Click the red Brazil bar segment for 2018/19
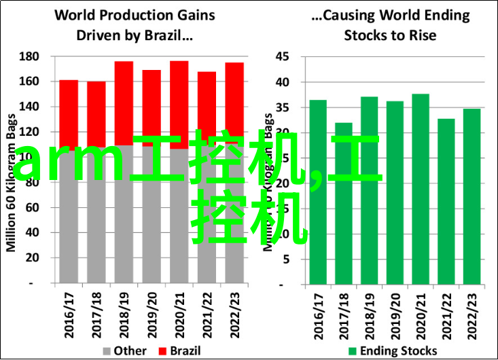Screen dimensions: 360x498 point(124,102)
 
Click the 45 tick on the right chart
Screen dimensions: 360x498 point(283,56)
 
